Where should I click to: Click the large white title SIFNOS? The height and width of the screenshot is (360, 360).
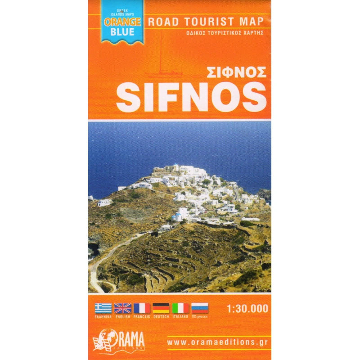(191, 97)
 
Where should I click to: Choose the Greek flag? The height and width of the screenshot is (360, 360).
(103, 308)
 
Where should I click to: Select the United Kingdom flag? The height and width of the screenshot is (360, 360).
(122, 308)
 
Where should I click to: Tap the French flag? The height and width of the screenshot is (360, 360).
(142, 308)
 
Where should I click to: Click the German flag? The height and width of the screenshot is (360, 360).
(161, 308)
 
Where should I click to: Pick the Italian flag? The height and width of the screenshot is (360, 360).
(180, 308)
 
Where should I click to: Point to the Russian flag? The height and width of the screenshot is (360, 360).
(200, 308)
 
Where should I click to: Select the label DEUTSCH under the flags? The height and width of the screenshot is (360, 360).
(161, 317)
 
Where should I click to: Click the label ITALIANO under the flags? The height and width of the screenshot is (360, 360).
(180, 317)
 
